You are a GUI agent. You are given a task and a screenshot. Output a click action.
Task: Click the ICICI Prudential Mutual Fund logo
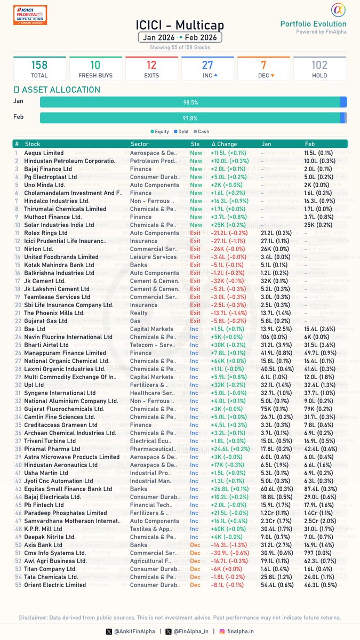(30, 14)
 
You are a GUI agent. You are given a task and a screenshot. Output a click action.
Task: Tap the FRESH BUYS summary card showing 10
(95, 69)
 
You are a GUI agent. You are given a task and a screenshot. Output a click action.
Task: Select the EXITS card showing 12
(151, 69)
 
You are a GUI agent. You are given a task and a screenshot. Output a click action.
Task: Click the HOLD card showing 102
(319, 69)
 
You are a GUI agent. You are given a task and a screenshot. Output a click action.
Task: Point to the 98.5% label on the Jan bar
(190, 102)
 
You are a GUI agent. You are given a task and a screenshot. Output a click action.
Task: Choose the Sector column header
(140, 144)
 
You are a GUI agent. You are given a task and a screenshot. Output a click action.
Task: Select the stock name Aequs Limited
(44, 153)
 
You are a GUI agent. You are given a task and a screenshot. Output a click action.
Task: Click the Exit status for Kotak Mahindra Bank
(195, 265)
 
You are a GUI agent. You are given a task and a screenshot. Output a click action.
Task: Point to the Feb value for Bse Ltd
(319, 329)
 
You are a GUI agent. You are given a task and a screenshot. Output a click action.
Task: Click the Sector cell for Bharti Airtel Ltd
(153, 345)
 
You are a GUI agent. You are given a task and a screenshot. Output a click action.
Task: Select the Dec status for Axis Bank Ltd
(195, 545)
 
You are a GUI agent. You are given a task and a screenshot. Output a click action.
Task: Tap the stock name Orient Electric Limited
(55, 585)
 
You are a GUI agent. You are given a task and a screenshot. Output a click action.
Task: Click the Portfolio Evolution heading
(313, 23)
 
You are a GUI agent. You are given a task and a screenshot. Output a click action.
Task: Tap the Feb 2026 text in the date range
(203, 38)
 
